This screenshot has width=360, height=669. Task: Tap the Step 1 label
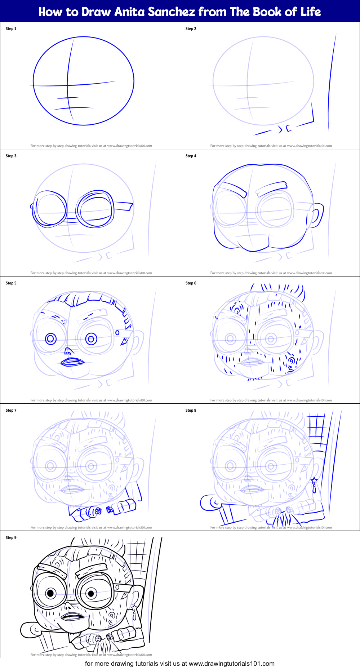click(11, 29)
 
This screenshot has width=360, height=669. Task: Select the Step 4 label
click(191, 156)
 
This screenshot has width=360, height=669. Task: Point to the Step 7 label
click(11, 411)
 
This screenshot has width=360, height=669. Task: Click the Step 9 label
click(11, 538)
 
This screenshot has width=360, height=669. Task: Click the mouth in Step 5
click(72, 362)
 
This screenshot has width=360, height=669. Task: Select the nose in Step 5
click(68, 351)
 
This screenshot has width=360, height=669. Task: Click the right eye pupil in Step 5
click(91, 339)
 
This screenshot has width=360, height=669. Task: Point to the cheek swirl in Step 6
click(292, 360)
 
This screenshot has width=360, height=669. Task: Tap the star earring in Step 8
click(314, 480)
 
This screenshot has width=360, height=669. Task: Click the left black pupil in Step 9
click(50, 593)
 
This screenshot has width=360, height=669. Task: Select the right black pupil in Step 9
click(91, 593)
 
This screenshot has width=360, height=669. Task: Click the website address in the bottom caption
click(231, 664)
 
